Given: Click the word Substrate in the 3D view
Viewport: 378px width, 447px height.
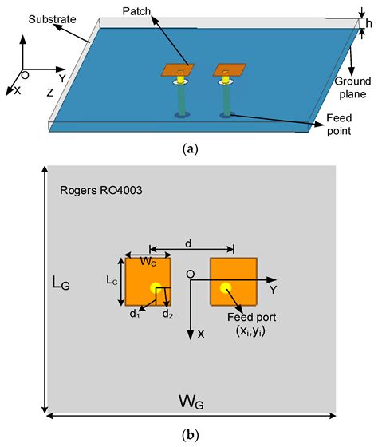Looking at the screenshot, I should click(30, 17).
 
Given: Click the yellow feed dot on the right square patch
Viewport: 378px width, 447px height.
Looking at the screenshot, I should click(226, 287).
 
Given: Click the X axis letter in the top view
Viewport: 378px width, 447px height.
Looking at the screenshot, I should click(201, 335).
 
